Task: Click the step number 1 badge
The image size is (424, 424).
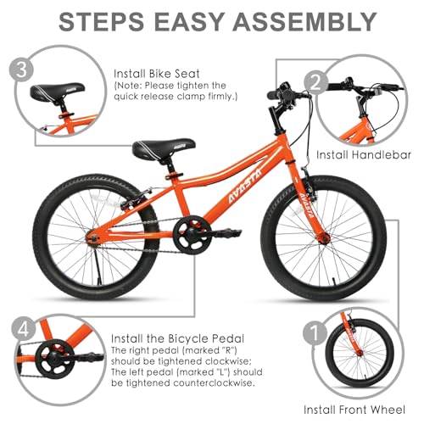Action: [315, 334]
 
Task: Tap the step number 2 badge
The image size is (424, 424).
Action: [316, 82]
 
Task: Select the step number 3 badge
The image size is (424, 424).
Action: [21, 70]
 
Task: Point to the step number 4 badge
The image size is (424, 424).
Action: [24, 329]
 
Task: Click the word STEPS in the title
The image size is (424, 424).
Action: [102, 22]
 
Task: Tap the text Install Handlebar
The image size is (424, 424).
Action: [364, 155]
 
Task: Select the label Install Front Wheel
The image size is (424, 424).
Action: [354, 410]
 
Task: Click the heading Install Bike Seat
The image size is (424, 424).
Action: [157, 74]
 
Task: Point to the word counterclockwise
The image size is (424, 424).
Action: [214, 383]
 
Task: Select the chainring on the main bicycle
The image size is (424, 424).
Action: [192, 234]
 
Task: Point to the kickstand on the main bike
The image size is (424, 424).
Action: [97, 266]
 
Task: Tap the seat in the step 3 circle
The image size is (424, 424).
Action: [58, 91]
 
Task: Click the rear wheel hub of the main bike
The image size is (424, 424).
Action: [92, 237]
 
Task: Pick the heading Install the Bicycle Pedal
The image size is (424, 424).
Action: [177, 338]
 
